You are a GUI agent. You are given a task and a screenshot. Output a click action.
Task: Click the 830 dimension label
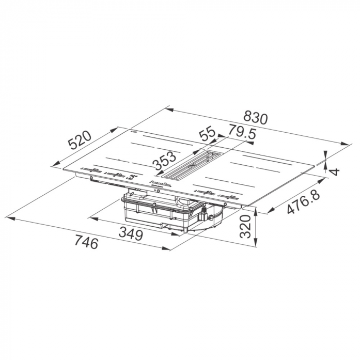point(255,117)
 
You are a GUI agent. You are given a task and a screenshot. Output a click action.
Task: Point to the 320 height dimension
point(244,226)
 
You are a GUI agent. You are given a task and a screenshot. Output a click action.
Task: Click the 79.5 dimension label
point(242,132)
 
